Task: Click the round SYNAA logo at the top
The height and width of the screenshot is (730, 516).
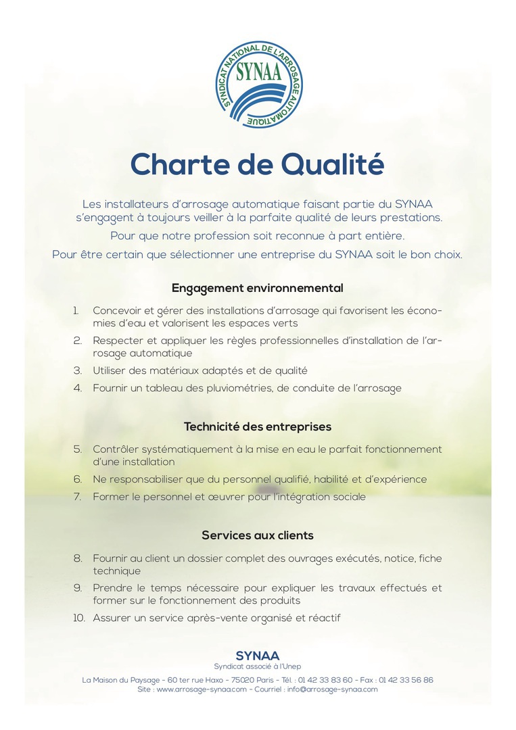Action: tap(258, 83)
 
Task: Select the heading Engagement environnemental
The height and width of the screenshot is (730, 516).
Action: tap(257, 288)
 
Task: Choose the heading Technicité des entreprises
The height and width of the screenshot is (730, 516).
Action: tap(257, 427)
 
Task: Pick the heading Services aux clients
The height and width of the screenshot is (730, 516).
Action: tap(257, 535)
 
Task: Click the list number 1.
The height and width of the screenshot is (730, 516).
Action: tap(76, 310)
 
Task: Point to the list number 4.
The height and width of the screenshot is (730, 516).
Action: tap(78, 388)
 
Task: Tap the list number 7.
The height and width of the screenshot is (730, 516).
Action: tap(78, 497)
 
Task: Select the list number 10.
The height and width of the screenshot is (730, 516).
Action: tap(78, 618)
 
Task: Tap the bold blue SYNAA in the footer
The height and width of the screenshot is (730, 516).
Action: tap(257, 656)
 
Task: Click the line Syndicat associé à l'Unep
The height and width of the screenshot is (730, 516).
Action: tap(257, 666)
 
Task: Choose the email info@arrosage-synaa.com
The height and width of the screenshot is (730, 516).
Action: tap(332, 689)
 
